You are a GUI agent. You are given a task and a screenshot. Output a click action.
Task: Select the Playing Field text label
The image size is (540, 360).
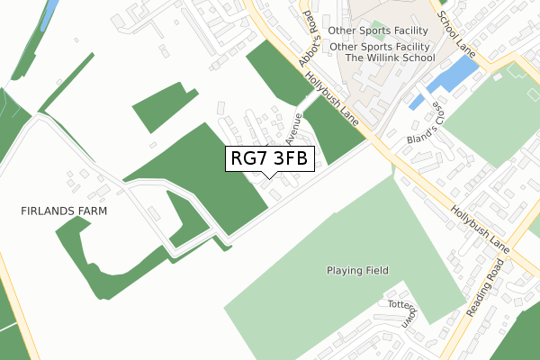(x=355, y=270)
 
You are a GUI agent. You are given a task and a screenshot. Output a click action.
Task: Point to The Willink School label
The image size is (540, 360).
(x=390, y=58)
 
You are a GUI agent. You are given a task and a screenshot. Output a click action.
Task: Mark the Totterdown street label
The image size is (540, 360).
(x=401, y=310)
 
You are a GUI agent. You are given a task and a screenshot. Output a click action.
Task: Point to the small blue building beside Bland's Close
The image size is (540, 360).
(x=416, y=103)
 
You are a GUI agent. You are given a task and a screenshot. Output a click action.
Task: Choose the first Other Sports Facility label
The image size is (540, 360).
(x=382, y=30)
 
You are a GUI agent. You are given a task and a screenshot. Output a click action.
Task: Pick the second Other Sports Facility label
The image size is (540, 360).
(x=382, y=45)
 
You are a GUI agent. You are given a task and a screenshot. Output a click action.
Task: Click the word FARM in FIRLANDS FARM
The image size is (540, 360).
(x=92, y=211)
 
